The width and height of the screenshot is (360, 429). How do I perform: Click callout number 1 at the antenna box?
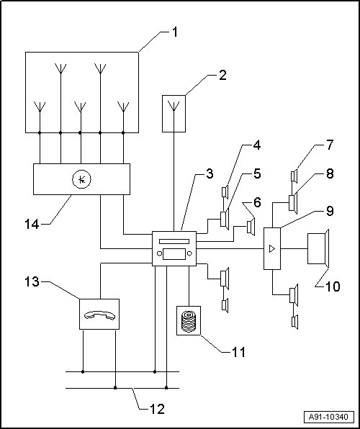click(x=175, y=32)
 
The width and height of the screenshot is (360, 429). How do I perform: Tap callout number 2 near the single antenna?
click(x=223, y=75)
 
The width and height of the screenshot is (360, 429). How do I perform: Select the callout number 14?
click(x=32, y=225)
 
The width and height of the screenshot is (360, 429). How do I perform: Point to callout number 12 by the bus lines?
click(x=158, y=410)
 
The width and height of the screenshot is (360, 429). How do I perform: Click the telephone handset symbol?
click(x=99, y=315)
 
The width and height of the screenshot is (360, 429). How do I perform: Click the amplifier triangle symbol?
click(x=272, y=249)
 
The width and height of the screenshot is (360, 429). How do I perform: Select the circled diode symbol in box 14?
click(x=81, y=179)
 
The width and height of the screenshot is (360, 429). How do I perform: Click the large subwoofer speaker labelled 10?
click(x=318, y=248)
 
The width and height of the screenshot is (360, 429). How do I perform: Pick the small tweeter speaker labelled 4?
click(x=225, y=192)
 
